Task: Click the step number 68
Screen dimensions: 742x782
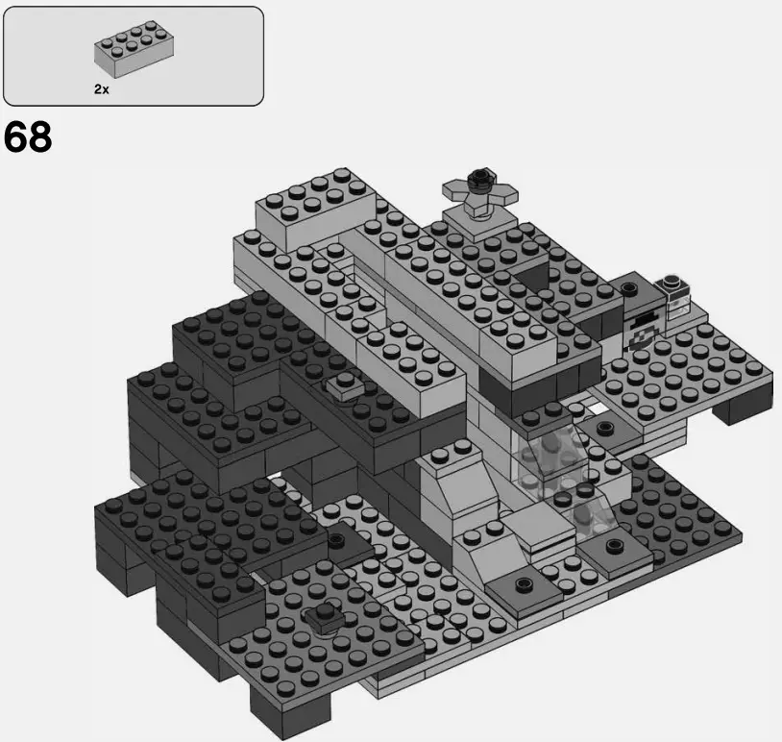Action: (x=28, y=137)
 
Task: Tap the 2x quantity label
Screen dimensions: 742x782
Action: (x=102, y=88)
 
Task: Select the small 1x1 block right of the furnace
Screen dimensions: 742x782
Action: (x=676, y=297)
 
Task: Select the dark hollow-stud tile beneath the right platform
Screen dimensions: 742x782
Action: (x=602, y=429)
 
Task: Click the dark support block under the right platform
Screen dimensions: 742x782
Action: (x=744, y=408)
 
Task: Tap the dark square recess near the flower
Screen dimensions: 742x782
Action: (x=531, y=278)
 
